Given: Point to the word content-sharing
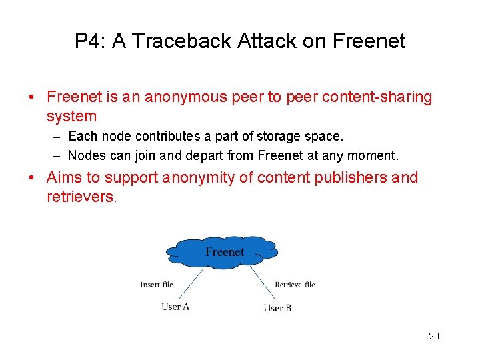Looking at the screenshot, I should click(x=377, y=97).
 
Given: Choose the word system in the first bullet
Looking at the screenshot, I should click(x=71, y=117).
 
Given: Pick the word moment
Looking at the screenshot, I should click(x=375, y=156).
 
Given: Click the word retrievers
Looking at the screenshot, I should click(x=81, y=197).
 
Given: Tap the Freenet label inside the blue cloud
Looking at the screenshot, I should click(x=225, y=252).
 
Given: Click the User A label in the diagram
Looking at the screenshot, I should click(x=175, y=307).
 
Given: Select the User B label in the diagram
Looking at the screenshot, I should click(x=277, y=308).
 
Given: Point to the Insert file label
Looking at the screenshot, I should click(x=157, y=285).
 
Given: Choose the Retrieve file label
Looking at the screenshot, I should click(x=295, y=285).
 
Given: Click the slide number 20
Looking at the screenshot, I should click(x=434, y=336).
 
